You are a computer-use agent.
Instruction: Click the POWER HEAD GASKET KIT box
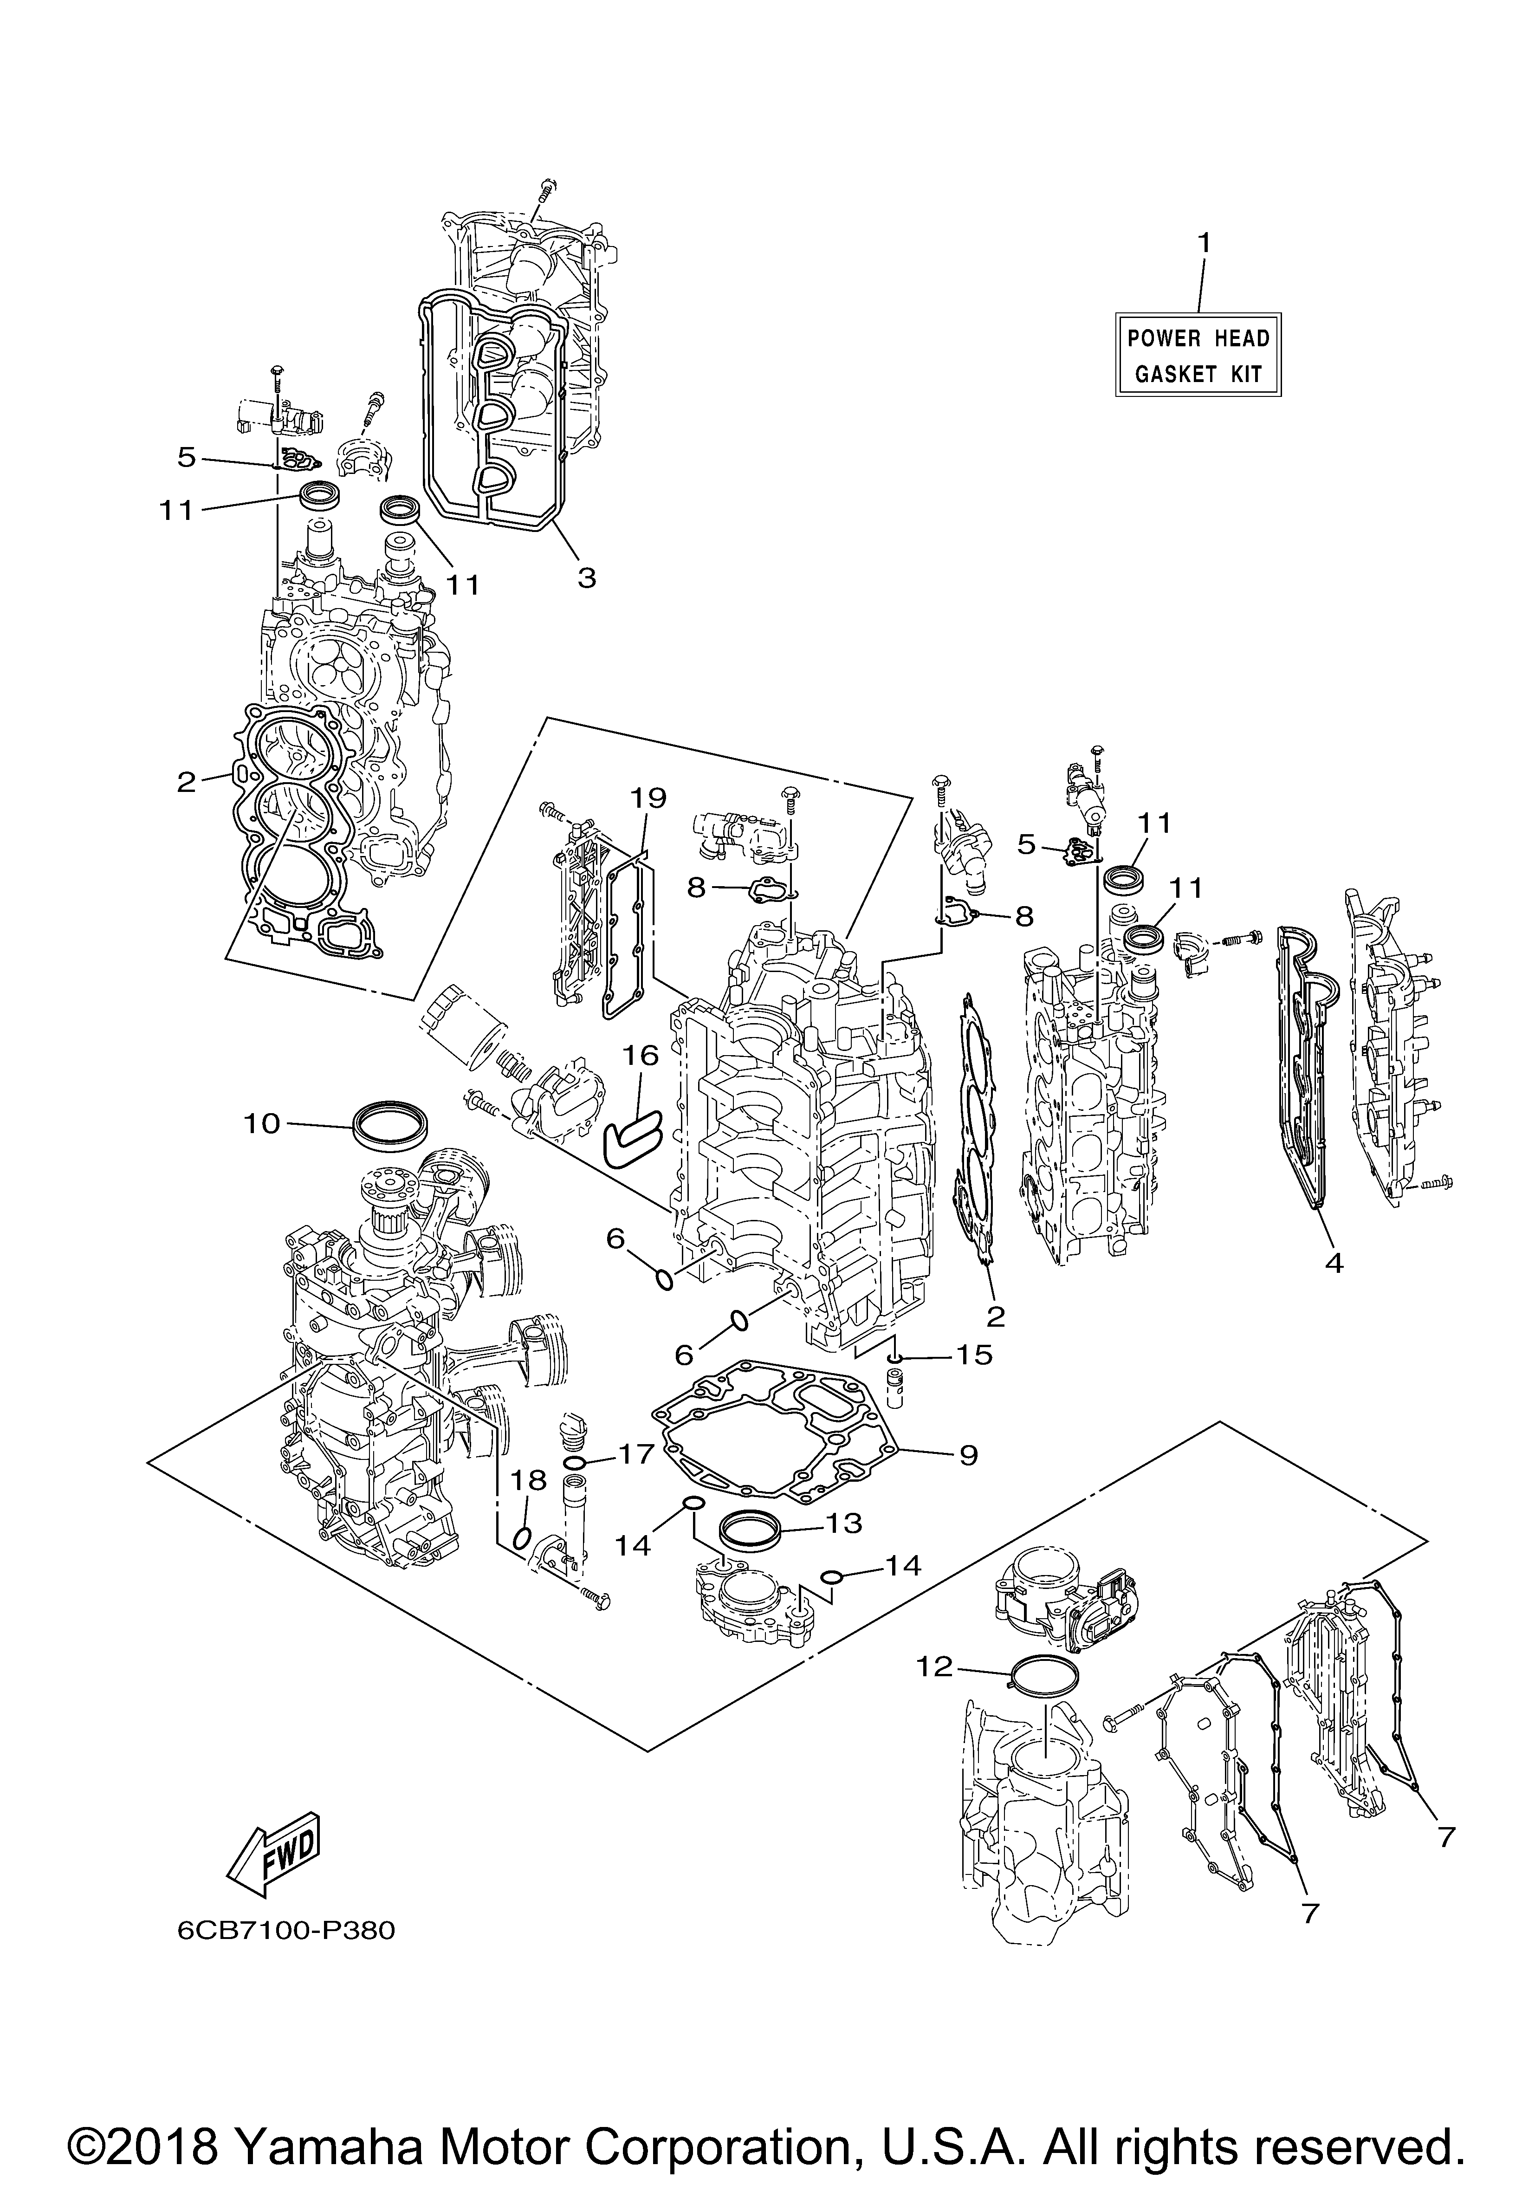click(1198, 355)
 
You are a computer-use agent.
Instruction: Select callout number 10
click(262, 1124)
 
